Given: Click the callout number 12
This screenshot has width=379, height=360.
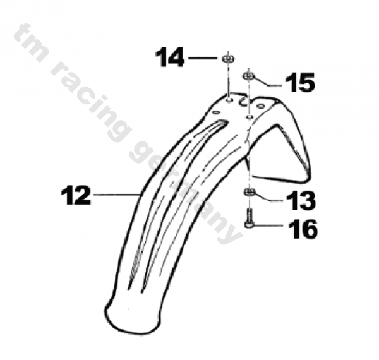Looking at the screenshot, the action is click(x=76, y=195).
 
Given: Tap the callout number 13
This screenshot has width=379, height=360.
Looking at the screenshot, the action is click(x=301, y=200).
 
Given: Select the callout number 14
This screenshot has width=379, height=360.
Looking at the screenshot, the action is click(x=170, y=57).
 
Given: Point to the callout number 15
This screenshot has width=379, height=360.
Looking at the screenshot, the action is click(x=300, y=82).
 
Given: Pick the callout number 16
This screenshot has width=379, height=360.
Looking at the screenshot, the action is click(x=303, y=229).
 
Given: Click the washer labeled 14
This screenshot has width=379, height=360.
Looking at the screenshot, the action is click(x=228, y=59).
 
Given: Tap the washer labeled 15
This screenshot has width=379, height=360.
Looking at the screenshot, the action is click(x=249, y=76).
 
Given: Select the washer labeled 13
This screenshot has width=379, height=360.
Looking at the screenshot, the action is click(x=249, y=193).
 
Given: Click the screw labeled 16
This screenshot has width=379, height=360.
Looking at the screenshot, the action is click(x=250, y=219).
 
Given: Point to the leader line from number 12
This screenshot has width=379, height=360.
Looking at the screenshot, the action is click(x=116, y=195).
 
